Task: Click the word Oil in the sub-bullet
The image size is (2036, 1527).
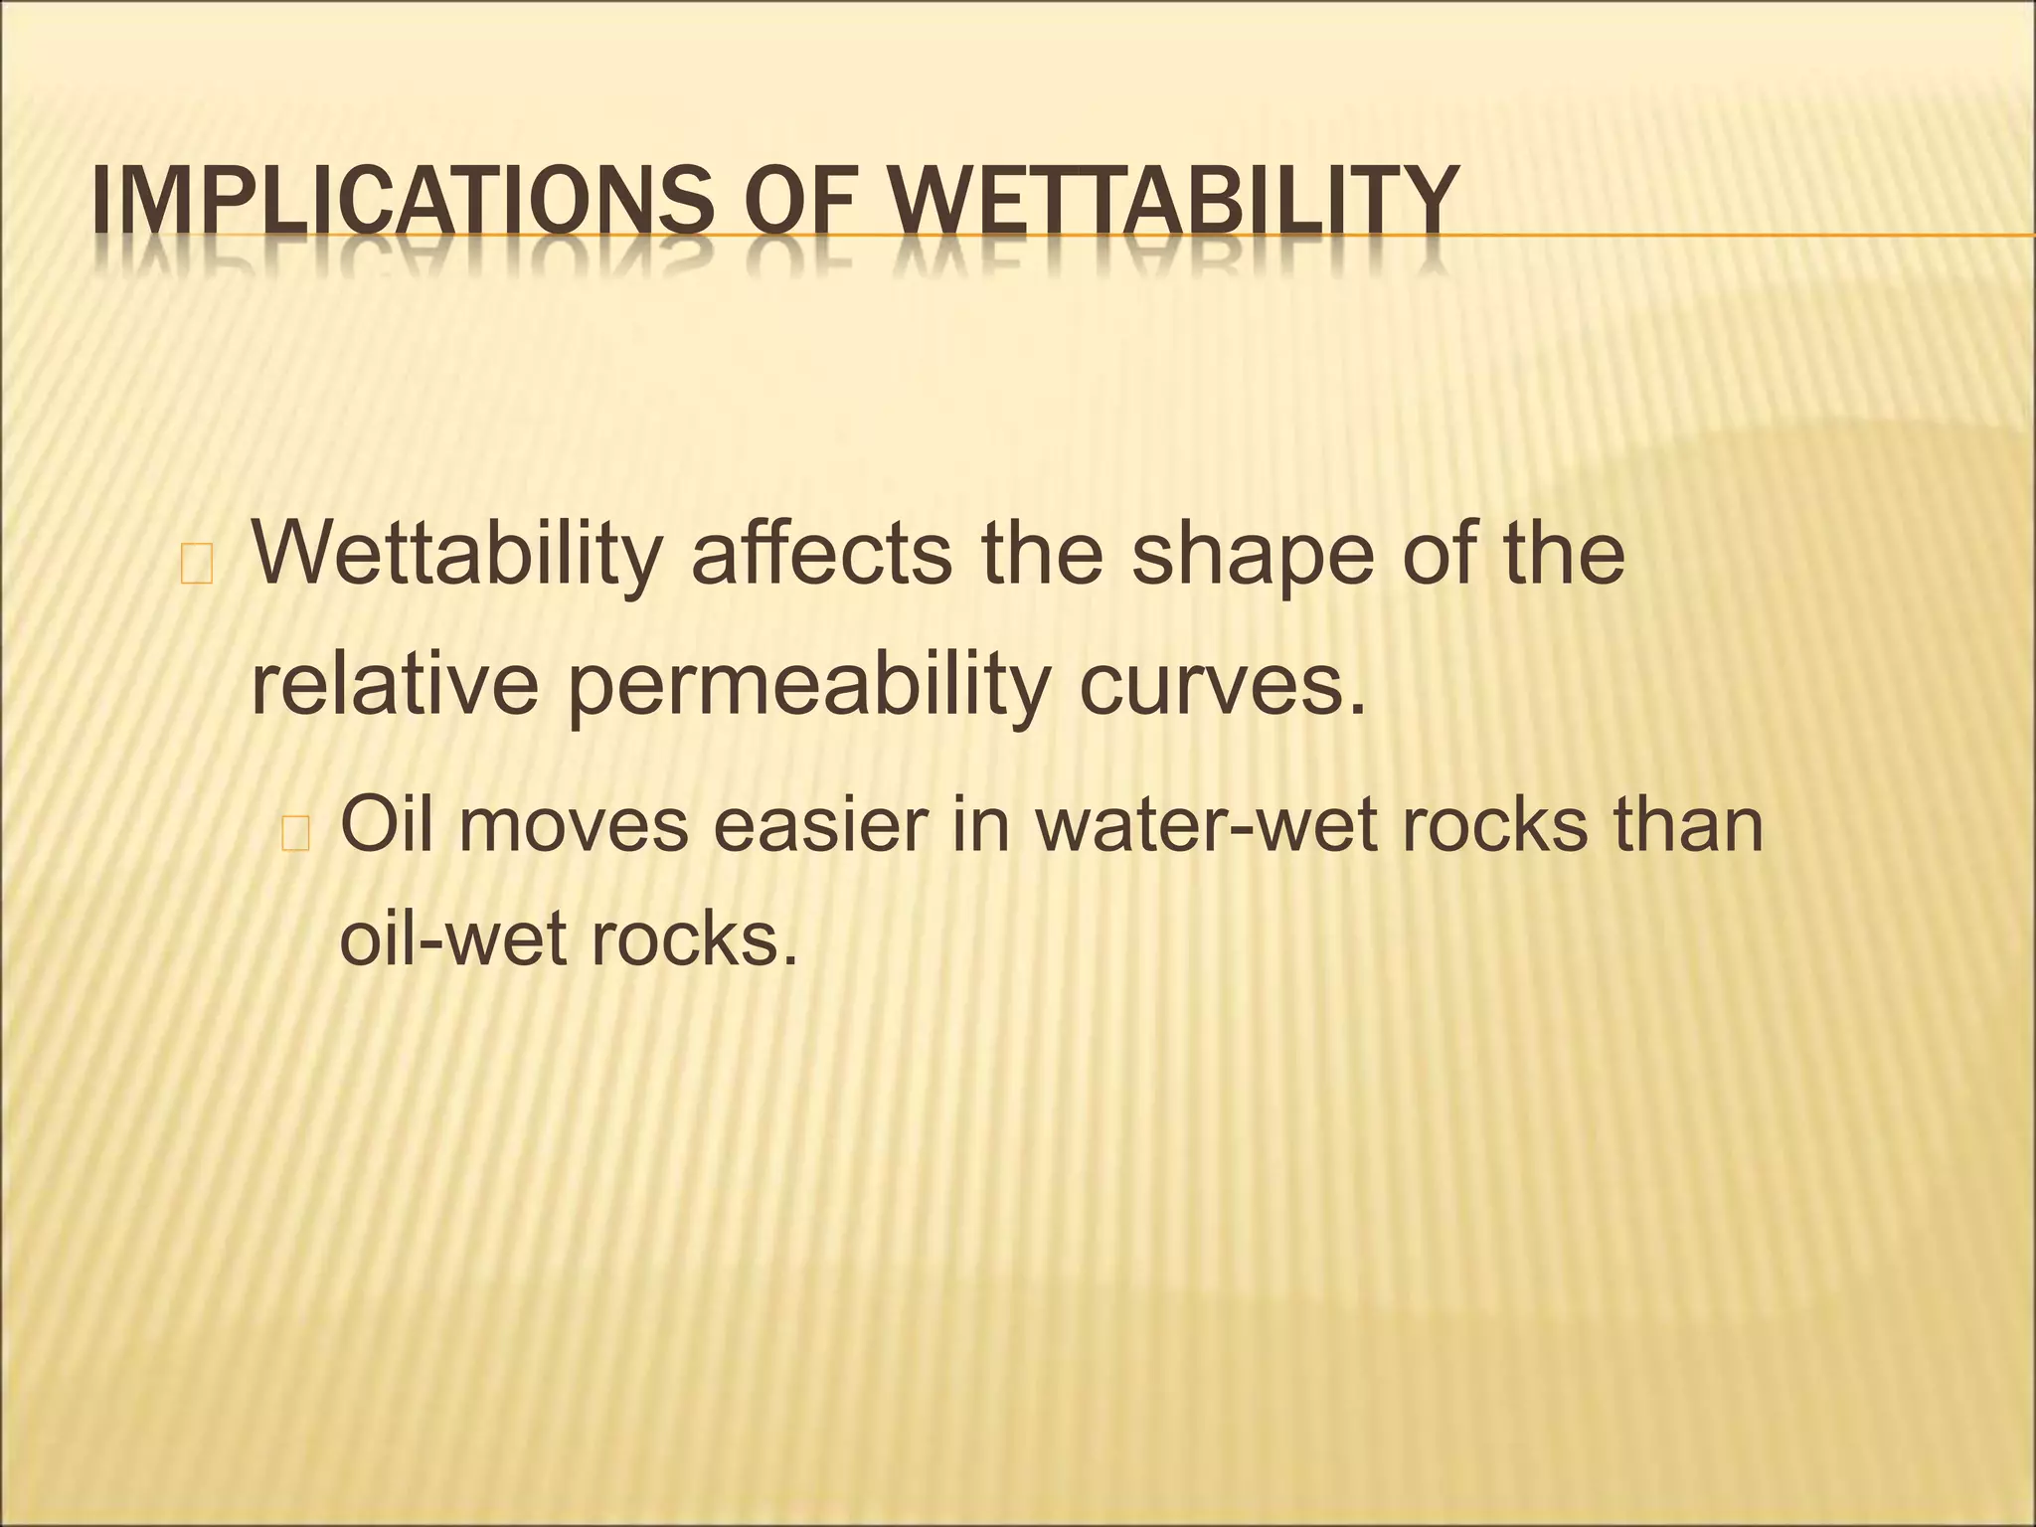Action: [x=386, y=824]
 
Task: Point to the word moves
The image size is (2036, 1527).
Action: [x=573, y=826]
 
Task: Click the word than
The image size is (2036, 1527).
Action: [x=1689, y=824]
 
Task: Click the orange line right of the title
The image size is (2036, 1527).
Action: [x=1740, y=235]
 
